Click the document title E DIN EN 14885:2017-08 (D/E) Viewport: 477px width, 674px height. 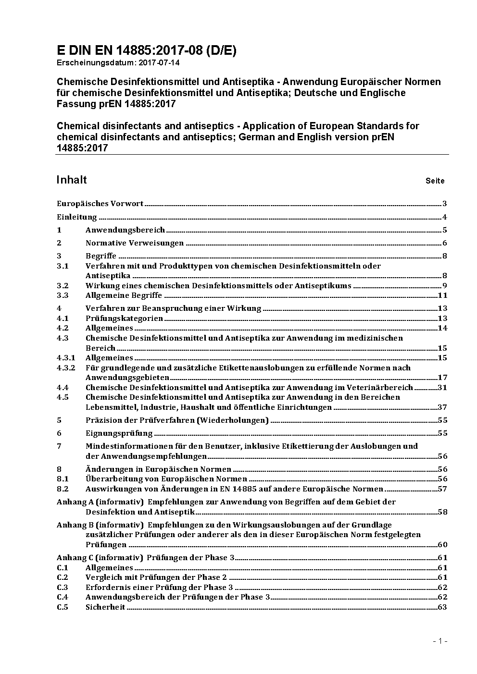click(x=146, y=51)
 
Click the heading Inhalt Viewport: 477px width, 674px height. click(x=72, y=180)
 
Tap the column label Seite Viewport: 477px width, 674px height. click(x=435, y=181)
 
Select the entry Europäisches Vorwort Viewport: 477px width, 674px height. click(x=100, y=204)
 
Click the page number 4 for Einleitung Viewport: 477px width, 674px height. click(x=445, y=217)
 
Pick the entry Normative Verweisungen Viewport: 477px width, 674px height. click(x=135, y=243)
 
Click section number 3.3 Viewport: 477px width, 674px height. click(x=63, y=295)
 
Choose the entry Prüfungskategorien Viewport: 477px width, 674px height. click(x=124, y=319)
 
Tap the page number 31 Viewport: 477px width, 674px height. click(x=442, y=388)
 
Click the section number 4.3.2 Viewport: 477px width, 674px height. click(x=66, y=368)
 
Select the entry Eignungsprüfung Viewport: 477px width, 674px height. click(x=119, y=433)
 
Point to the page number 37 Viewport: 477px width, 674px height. click(x=442, y=407)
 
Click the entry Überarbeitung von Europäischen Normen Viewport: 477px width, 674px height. click(x=166, y=479)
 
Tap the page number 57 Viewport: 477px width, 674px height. click(x=442, y=489)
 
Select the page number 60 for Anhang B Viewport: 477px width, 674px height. click(x=442, y=545)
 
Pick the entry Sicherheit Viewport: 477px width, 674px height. click(x=105, y=607)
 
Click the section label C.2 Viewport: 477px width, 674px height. click(x=63, y=577)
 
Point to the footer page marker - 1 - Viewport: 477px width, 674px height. click(x=440, y=641)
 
